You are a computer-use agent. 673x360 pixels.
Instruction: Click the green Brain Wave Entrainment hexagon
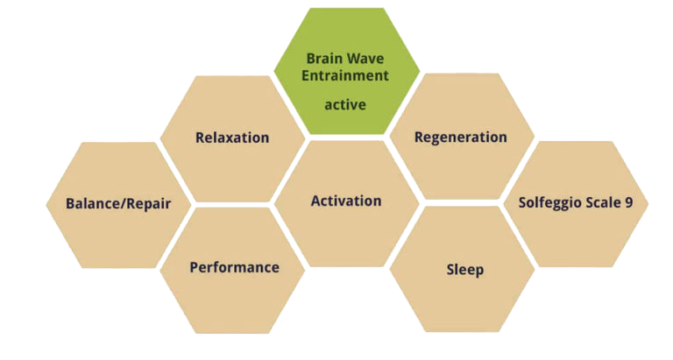(347, 71)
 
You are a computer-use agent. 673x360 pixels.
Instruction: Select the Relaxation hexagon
(232, 139)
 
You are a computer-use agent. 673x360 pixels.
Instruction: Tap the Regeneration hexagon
(462, 137)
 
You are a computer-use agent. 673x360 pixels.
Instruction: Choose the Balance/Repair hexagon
(118, 205)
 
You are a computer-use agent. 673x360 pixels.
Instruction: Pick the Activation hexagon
(347, 203)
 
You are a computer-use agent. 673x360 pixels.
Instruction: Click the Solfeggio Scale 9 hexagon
(576, 204)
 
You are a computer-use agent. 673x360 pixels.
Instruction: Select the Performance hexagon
(232, 271)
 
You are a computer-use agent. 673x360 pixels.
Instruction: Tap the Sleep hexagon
(462, 269)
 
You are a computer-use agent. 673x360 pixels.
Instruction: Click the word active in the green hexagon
(345, 105)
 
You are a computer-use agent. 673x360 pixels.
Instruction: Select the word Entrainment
(345, 75)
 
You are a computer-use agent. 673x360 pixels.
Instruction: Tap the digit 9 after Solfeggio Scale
(629, 202)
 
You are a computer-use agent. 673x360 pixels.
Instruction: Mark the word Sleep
(465, 271)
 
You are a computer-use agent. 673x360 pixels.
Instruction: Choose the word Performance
(234, 267)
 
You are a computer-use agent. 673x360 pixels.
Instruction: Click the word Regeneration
(461, 138)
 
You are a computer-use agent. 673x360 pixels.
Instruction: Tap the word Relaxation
(232, 138)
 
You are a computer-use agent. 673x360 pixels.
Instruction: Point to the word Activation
(346, 201)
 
